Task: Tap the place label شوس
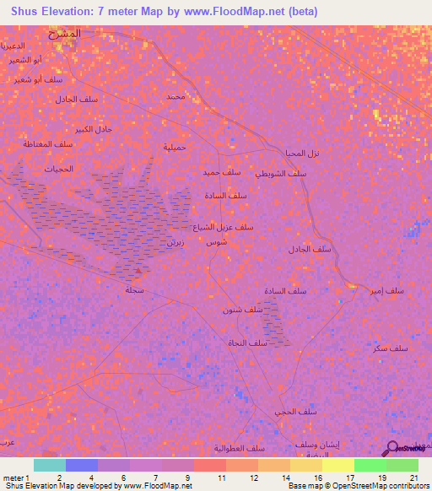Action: coord(217,241)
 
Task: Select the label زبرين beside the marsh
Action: coord(175,241)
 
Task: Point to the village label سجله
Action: coord(133,290)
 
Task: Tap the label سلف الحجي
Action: coord(295,412)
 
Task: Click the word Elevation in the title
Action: coord(71,11)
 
